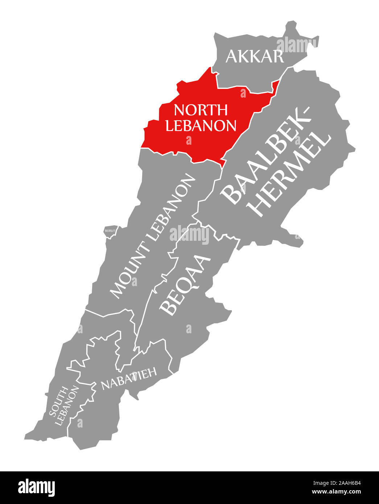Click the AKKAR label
255,57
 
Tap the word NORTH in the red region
200,110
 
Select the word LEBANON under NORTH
201,125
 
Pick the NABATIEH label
129,379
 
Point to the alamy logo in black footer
37,487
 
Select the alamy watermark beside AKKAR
295,44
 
